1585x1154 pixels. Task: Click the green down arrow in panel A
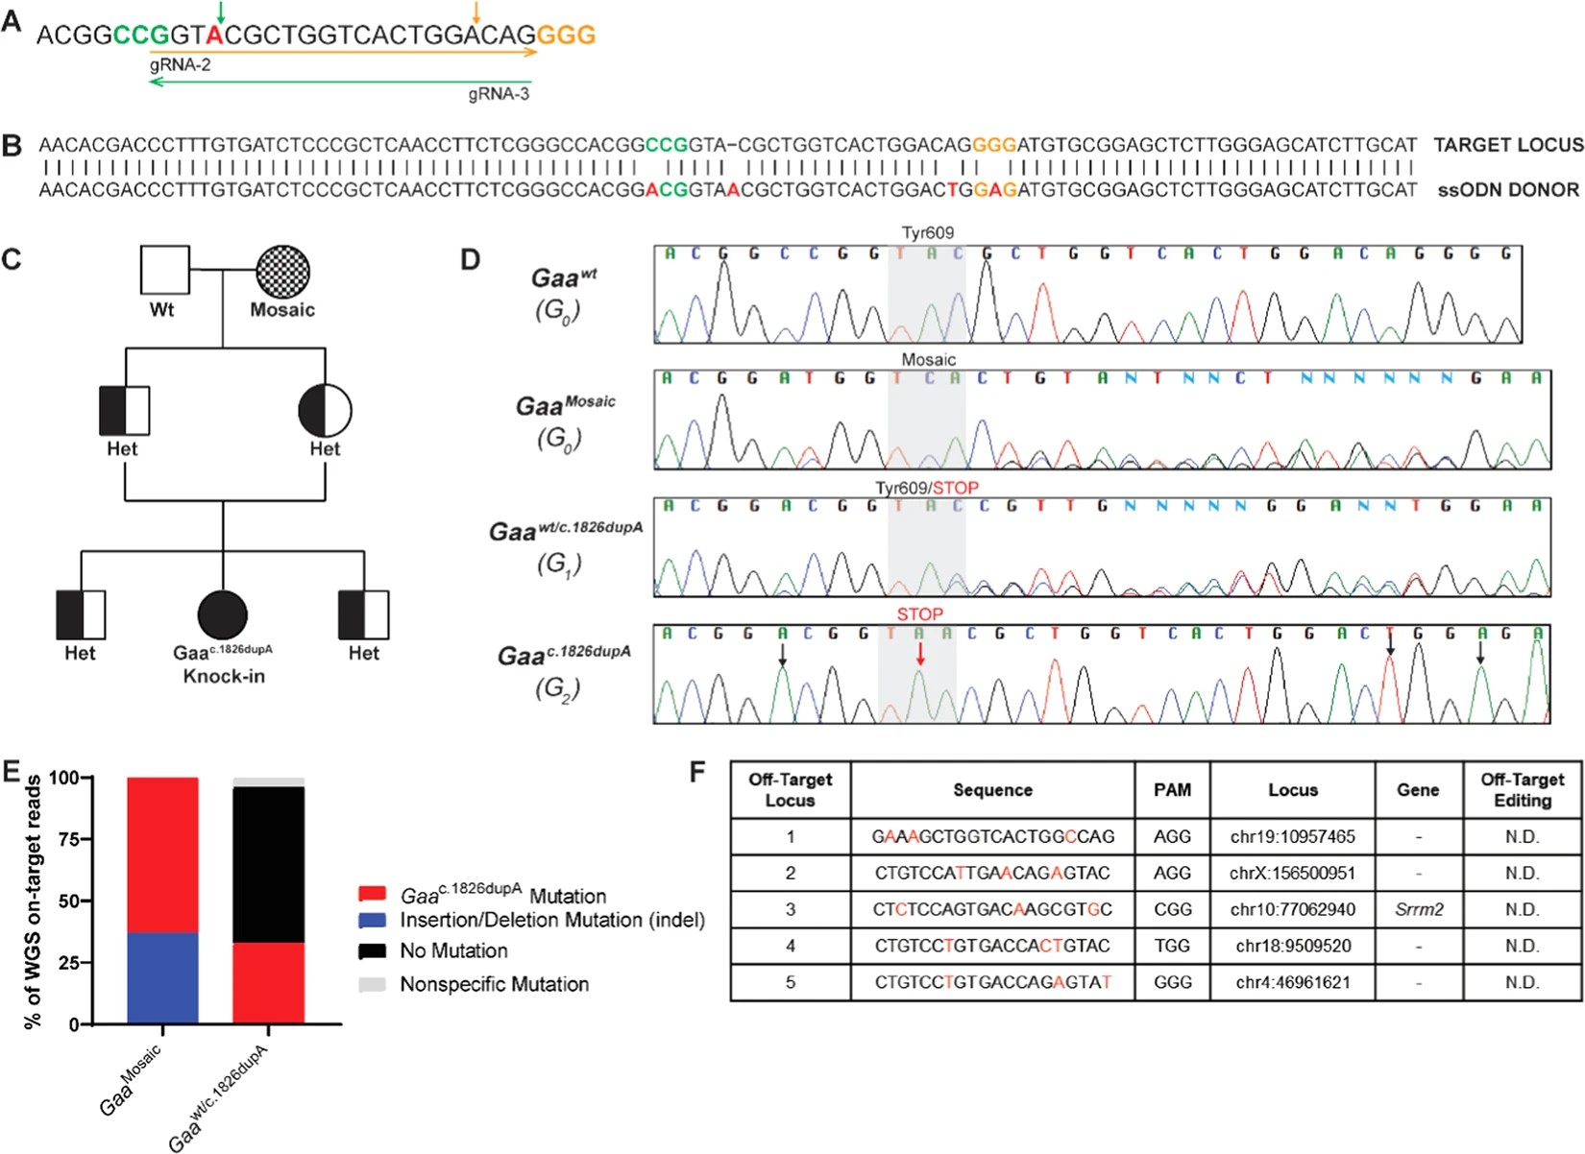(x=221, y=12)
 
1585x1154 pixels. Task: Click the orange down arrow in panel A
(x=476, y=12)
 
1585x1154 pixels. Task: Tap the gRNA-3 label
(x=499, y=94)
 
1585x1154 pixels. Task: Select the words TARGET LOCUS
(x=1508, y=145)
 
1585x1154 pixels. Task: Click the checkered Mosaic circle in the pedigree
(x=282, y=270)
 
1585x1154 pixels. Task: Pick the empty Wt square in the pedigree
(x=164, y=270)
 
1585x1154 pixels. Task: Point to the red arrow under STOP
(x=920, y=654)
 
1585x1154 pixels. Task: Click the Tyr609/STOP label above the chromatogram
(x=927, y=488)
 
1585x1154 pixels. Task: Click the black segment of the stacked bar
(x=269, y=864)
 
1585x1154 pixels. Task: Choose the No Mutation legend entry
(x=453, y=950)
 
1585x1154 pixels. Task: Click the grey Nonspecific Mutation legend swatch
(x=372, y=984)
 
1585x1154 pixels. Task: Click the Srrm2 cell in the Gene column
(x=1418, y=909)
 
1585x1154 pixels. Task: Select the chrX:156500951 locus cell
(x=1292, y=873)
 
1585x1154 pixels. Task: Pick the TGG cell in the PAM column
(x=1172, y=946)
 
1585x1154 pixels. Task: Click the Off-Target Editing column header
(x=1522, y=789)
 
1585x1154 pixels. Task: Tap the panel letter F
(x=698, y=771)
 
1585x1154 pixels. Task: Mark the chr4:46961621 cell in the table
(x=1292, y=982)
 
